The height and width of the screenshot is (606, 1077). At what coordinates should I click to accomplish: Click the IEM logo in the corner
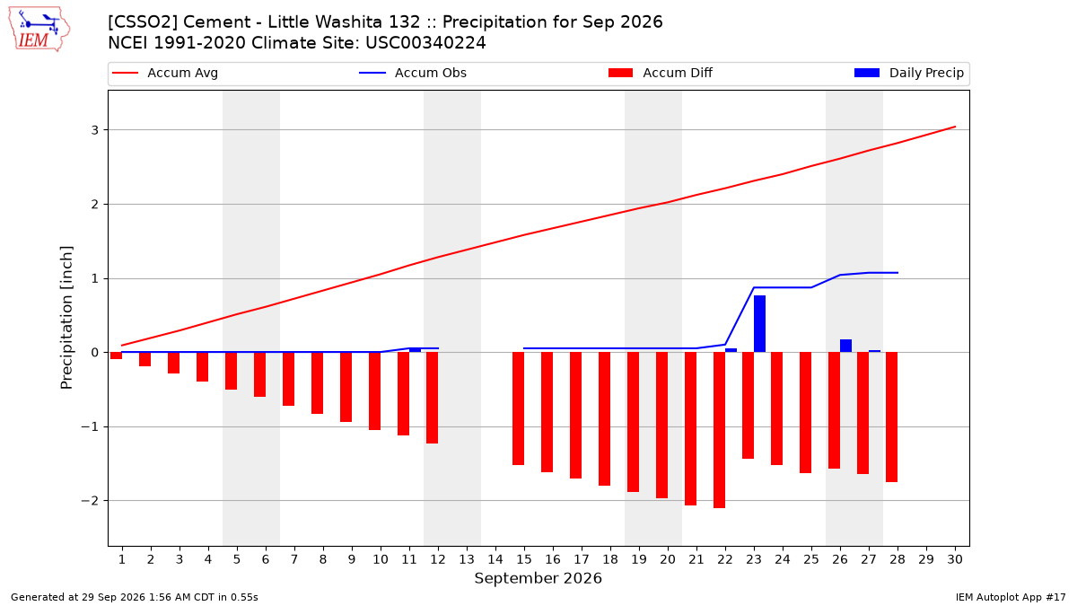point(39,29)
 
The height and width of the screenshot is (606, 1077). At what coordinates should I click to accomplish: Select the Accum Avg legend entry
point(165,73)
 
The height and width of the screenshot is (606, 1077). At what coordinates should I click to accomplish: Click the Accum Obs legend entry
point(413,73)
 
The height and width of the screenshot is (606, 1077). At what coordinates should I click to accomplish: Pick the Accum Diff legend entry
point(661,73)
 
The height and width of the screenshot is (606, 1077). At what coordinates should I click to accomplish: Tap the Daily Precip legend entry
point(908,73)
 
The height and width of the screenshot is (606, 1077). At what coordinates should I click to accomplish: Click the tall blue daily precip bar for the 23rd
point(759,324)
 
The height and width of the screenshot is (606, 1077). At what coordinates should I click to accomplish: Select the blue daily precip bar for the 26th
point(845,346)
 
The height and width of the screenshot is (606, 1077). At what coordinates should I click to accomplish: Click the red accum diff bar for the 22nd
point(719,430)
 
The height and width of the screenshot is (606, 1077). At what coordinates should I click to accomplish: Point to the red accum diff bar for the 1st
point(116,356)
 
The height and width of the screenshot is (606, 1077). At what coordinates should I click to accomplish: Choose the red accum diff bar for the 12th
point(433,398)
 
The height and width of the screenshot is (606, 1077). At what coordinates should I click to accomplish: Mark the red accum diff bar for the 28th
point(891,417)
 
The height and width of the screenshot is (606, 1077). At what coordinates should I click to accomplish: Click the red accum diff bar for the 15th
point(519,408)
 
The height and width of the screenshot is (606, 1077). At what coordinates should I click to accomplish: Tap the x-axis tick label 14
point(495,559)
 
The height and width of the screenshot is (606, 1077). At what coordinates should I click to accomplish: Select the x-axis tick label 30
point(955,559)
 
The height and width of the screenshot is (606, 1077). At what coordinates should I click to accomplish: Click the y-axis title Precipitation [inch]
point(66,318)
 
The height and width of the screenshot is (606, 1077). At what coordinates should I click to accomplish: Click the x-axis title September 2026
point(538,578)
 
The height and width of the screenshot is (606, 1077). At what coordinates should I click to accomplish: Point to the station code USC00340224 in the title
point(425,43)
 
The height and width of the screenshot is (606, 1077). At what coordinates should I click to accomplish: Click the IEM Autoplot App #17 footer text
point(1011,597)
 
